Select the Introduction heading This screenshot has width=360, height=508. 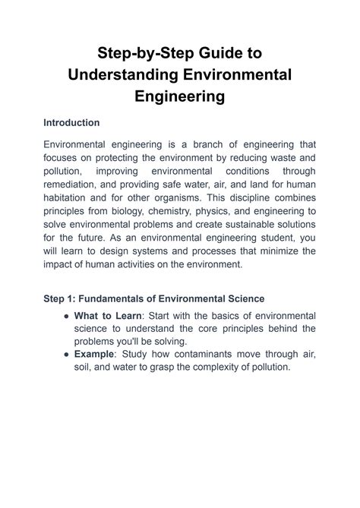[72, 121]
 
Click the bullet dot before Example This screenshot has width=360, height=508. [68, 354]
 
